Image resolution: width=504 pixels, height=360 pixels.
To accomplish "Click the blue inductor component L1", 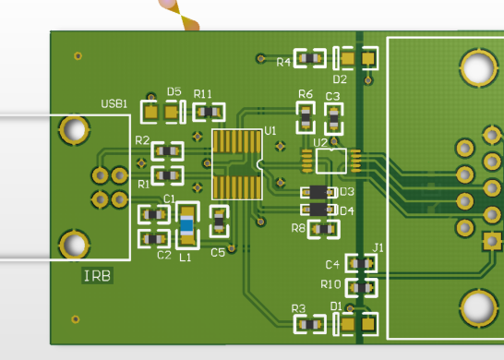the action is (186, 225).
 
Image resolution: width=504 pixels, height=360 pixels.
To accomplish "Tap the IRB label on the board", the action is (97, 276).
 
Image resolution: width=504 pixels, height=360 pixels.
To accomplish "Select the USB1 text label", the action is (114, 103).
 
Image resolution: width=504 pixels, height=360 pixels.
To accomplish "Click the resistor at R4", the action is (310, 58).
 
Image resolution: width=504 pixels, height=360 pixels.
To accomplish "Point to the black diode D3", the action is (318, 192).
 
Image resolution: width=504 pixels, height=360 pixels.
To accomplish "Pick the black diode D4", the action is (318, 210).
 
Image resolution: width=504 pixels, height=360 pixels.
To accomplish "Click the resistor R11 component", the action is (209, 112).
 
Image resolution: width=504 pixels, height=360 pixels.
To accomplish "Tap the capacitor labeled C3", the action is (334, 119).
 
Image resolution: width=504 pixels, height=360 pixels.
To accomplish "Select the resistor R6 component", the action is (306, 117).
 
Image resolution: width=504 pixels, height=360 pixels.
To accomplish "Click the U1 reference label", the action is (270, 131).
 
